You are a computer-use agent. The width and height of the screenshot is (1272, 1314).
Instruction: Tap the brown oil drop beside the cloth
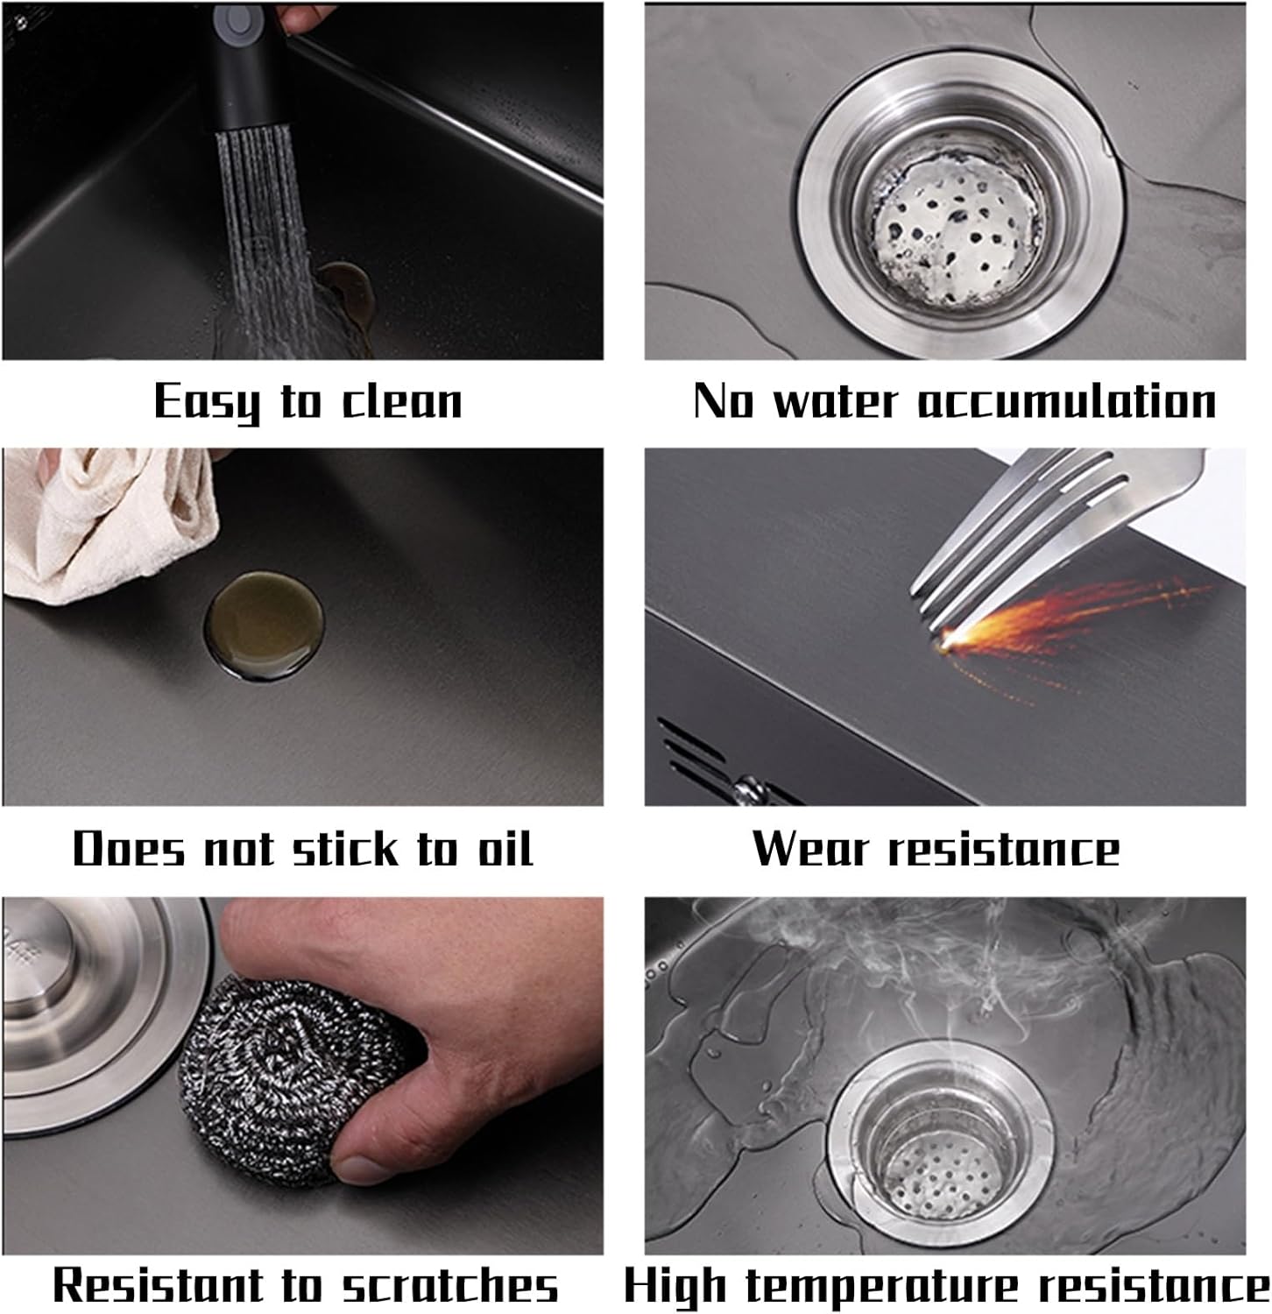264,625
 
